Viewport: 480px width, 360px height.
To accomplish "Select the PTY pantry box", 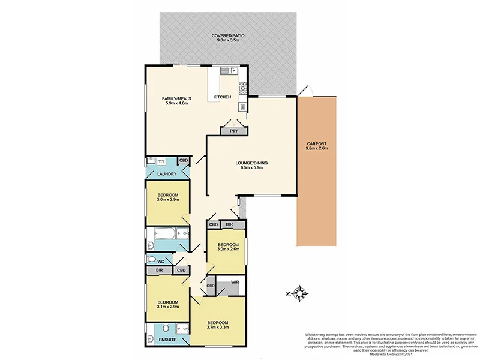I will point(234,130).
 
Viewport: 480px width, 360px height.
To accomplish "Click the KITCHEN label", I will point(222,97).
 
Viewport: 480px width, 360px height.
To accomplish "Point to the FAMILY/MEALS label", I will point(177,101).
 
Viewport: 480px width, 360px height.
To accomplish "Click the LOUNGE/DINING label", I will point(251,166).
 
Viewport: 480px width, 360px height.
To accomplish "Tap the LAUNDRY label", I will point(166,175).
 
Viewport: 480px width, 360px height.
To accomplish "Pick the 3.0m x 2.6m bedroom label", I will point(228,247).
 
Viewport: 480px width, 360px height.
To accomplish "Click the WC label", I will point(161,262).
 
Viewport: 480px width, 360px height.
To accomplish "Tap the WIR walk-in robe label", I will point(236,282).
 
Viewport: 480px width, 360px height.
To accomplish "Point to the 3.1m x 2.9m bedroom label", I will point(167,305).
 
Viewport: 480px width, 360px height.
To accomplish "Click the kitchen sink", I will point(229,71).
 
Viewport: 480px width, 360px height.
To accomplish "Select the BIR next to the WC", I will point(159,271).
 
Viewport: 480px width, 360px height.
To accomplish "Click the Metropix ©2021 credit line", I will point(390,354).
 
